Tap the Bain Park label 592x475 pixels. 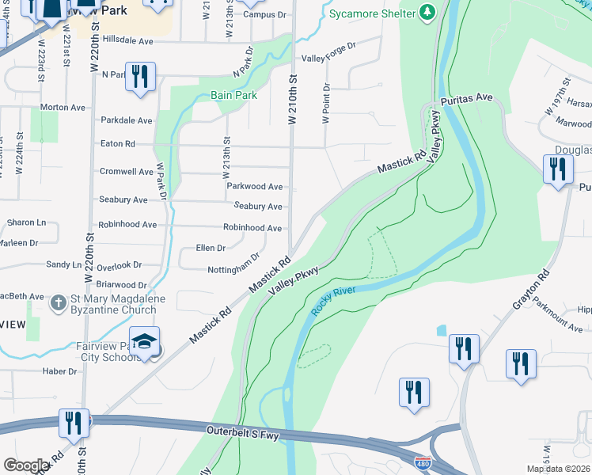233,95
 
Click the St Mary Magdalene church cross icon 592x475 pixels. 59,302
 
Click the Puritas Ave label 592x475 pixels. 467,98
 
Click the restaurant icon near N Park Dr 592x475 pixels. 140,77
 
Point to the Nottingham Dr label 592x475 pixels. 234,264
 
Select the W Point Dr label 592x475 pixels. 324,104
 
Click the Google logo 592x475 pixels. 26,465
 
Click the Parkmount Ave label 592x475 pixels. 556,316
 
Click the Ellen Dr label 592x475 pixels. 210,248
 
